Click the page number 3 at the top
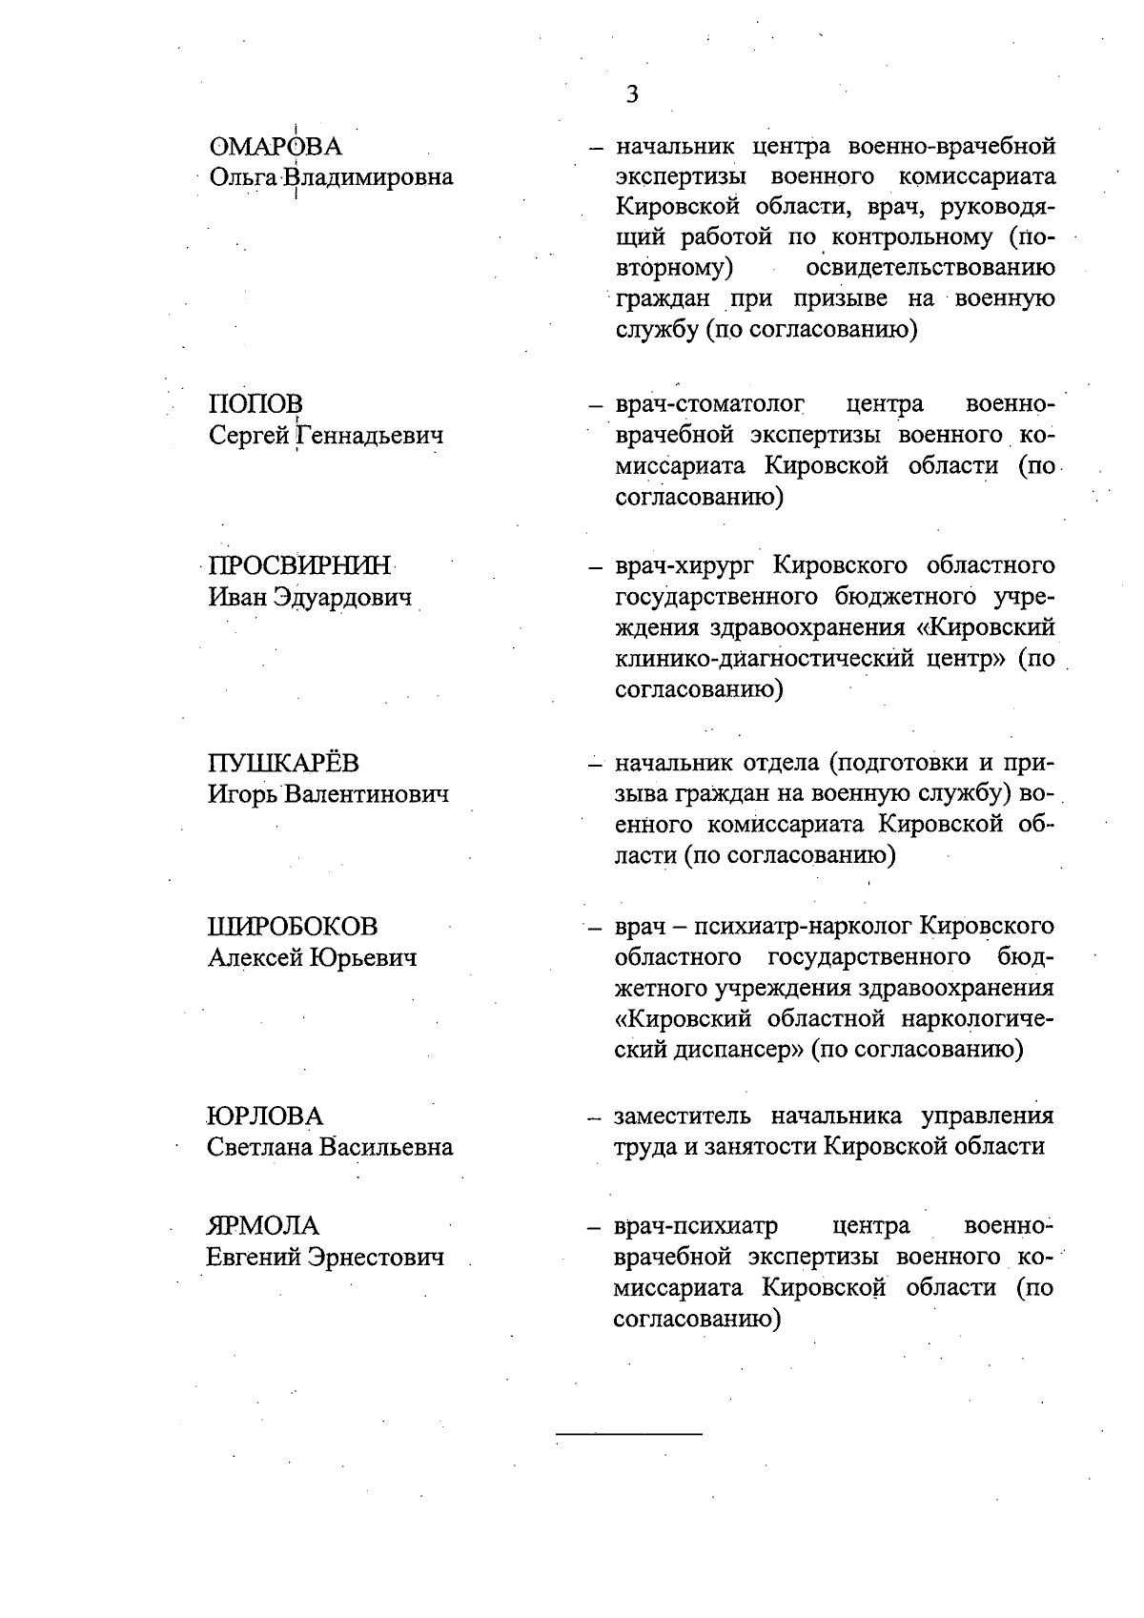pyautogui.click(x=631, y=94)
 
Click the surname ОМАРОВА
pyautogui.click(x=276, y=148)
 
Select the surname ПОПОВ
pyautogui.click(x=255, y=405)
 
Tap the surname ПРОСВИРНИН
pyautogui.click(x=299, y=566)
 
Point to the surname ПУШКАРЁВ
pyautogui.click(x=284, y=764)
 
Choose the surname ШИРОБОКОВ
pyautogui.click(x=292, y=927)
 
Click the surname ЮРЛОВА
pyautogui.click(x=265, y=1116)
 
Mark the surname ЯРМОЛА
pyautogui.click(x=263, y=1226)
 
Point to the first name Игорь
pyautogui.click(x=242, y=795)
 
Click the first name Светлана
pyautogui.click(x=260, y=1148)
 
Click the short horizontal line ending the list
pyautogui.click(x=628, y=1433)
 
